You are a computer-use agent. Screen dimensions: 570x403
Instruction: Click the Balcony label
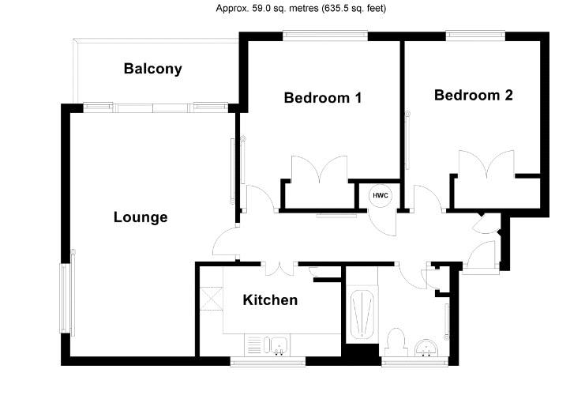tap(152, 69)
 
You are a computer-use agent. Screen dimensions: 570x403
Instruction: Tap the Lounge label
tap(141, 217)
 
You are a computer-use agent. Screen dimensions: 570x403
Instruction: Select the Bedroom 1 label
tap(323, 97)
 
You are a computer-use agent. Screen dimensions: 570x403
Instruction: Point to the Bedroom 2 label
tap(474, 95)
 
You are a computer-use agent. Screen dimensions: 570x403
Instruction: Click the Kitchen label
tap(270, 299)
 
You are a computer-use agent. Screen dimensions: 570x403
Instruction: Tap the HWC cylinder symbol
tap(381, 196)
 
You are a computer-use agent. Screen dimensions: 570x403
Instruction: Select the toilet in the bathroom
tap(396, 342)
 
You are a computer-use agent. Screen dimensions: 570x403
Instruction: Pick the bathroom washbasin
tap(426, 348)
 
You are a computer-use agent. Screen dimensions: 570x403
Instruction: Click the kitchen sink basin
tap(279, 345)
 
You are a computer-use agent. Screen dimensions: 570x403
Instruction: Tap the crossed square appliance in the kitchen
tap(212, 298)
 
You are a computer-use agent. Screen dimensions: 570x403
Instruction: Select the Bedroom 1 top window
tap(325, 36)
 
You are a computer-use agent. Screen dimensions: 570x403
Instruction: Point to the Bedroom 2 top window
tap(475, 36)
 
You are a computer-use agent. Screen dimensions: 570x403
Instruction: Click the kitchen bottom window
tap(268, 362)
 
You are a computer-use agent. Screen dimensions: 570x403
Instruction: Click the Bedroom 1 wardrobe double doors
tap(320, 168)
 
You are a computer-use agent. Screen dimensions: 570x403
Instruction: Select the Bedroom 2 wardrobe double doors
tap(486, 164)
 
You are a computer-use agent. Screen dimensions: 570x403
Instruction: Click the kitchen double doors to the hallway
tap(279, 269)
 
